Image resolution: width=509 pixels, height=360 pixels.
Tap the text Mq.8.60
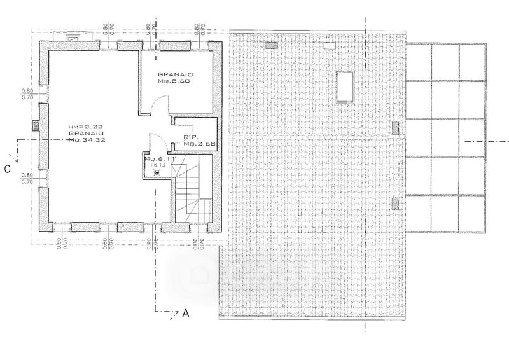(x=176, y=83)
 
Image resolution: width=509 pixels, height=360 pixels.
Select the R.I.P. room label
(x=189, y=136)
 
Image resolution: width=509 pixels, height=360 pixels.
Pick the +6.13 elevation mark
(x=157, y=165)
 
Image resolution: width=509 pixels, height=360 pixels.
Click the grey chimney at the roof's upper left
(x=271, y=45)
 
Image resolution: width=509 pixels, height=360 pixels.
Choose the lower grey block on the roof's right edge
(x=396, y=204)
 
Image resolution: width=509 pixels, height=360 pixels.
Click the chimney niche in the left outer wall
(x=34, y=126)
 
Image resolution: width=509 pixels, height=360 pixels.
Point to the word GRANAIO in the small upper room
(x=176, y=75)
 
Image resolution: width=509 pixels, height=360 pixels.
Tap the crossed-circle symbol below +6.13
(x=157, y=172)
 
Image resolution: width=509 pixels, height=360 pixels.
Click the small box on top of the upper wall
(x=73, y=38)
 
